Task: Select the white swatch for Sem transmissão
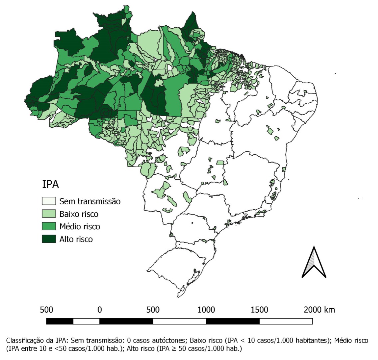(x=49, y=201)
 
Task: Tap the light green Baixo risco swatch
(x=49, y=214)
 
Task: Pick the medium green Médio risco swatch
(x=49, y=226)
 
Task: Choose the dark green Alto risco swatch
(x=49, y=239)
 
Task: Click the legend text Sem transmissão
(x=90, y=201)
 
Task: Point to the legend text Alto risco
(x=76, y=239)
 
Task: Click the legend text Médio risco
(x=80, y=226)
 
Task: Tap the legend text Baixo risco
(x=79, y=214)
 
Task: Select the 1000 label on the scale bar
(x=206, y=310)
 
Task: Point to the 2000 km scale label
(x=319, y=310)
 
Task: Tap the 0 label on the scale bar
(x=100, y=310)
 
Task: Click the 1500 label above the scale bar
(x=259, y=310)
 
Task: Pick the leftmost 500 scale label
(x=46, y=310)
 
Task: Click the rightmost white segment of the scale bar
(x=286, y=321)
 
